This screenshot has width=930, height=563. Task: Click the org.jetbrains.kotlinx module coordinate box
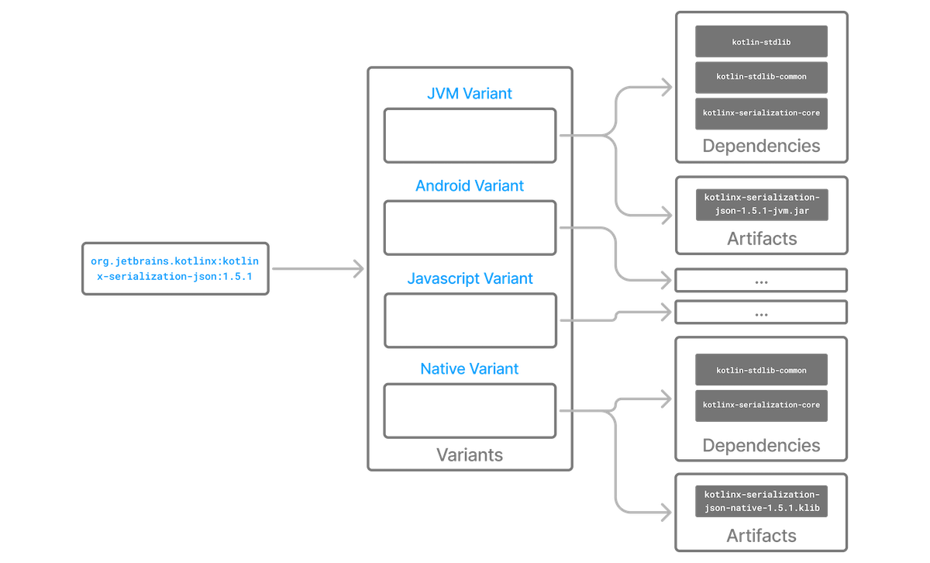click(x=174, y=268)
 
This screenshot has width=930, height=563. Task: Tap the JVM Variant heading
click(x=470, y=94)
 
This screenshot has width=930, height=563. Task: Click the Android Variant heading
click(x=470, y=186)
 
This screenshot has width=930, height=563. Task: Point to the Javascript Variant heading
click(x=470, y=278)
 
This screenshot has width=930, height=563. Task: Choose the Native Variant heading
click(x=470, y=369)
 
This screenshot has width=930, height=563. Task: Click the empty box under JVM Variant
click(x=470, y=136)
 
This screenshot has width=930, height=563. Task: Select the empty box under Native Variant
click(x=470, y=410)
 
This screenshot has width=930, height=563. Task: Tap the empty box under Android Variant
click(x=470, y=228)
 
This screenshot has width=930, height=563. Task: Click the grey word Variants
click(x=470, y=454)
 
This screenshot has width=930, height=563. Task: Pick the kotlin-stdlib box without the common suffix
click(x=761, y=41)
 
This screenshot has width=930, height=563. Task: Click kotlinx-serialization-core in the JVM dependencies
click(x=761, y=113)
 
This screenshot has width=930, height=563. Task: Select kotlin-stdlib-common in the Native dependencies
click(x=761, y=369)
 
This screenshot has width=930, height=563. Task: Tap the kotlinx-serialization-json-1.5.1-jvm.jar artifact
click(x=761, y=203)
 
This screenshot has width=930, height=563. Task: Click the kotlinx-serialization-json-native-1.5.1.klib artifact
click(x=761, y=501)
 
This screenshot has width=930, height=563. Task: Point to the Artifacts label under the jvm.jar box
click(x=761, y=238)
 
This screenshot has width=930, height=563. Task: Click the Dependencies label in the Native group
click(x=761, y=445)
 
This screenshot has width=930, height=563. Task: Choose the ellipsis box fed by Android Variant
click(x=762, y=281)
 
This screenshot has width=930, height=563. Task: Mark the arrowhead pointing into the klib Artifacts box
click(x=666, y=512)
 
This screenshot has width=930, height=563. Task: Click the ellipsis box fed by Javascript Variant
click(x=762, y=313)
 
